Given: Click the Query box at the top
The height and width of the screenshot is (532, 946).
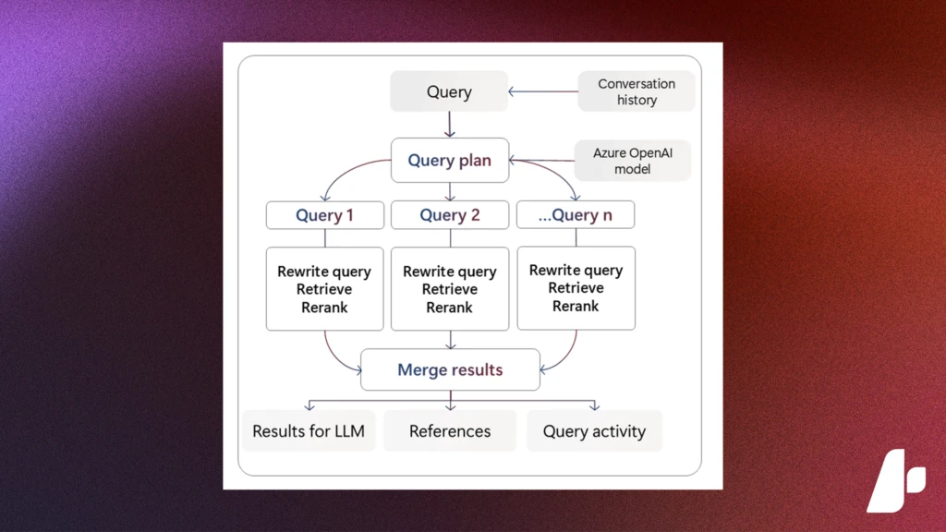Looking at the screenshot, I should (449, 92).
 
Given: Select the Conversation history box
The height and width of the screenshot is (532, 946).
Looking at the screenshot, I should (637, 91).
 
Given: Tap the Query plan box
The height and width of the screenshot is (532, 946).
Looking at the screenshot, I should (449, 160).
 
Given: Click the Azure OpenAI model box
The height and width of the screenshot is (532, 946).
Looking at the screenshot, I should (633, 161).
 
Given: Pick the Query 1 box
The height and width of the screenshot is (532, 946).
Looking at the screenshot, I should (325, 215).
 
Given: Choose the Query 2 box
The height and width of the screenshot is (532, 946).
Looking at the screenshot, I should (450, 215).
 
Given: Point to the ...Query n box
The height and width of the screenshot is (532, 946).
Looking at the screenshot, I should (575, 215).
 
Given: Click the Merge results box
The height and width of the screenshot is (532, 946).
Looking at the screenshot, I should (450, 369).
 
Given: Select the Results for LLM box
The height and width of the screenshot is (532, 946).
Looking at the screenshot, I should (309, 431).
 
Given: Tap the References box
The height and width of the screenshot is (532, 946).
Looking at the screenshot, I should (450, 431).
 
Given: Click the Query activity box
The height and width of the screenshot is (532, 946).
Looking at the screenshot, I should (594, 431).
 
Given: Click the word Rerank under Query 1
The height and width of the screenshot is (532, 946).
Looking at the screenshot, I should (324, 307).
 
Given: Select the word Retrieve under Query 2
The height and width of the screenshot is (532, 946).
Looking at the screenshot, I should (450, 289).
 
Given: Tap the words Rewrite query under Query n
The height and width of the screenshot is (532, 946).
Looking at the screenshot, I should (576, 271).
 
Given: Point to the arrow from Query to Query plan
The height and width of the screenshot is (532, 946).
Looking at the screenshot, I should (450, 124).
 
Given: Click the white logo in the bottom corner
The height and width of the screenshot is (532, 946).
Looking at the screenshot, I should (895, 480).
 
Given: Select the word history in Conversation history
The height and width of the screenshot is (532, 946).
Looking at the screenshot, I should (637, 100).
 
